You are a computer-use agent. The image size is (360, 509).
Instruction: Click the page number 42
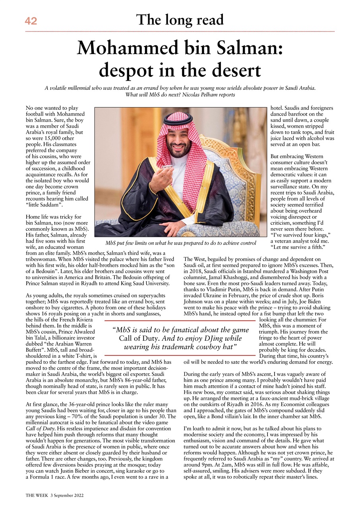[x=31, y=21]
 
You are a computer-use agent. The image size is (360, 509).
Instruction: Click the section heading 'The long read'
[x=180, y=19]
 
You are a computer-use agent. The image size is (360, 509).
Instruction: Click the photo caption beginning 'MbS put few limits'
[x=180, y=243]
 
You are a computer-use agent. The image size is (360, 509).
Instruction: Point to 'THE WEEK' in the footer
[x=37, y=496]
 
